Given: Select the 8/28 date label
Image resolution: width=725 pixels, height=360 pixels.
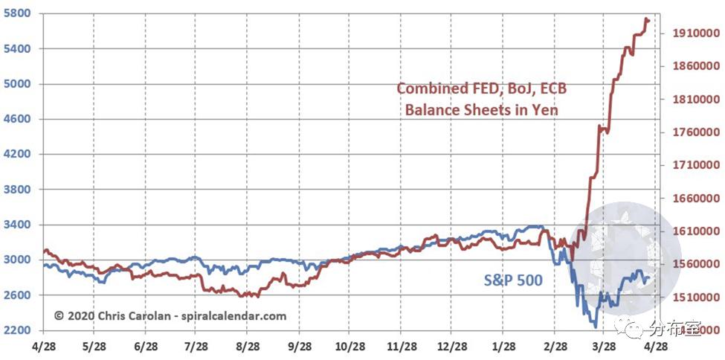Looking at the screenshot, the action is point(246,347).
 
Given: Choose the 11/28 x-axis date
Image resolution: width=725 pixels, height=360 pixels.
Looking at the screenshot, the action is point(401,347).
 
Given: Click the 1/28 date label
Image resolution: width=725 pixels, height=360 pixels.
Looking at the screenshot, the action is point(503,347).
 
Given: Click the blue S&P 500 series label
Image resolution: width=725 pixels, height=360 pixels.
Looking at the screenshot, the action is point(513,280).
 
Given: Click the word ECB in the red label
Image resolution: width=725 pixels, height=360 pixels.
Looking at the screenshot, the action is point(552,89).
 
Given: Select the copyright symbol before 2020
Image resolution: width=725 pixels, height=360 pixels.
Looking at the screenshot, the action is point(59,316).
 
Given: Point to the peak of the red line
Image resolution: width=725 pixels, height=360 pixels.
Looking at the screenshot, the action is point(646,19).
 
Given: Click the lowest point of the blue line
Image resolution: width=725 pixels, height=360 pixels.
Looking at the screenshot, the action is point(595,327).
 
